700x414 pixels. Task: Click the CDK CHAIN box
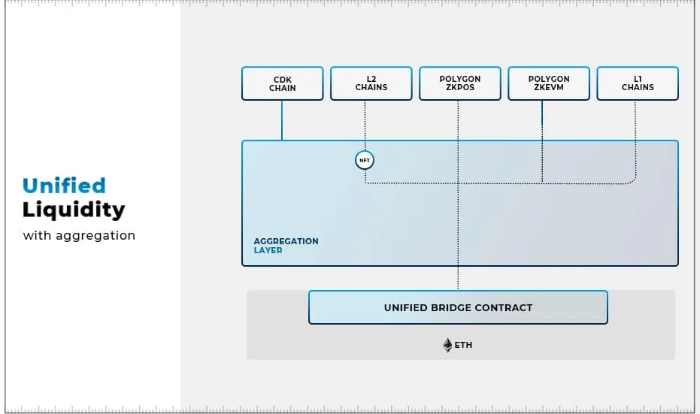click(x=282, y=83)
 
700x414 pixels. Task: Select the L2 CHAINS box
click(x=371, y=83)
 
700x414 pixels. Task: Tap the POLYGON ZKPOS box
click(x=460, y=83)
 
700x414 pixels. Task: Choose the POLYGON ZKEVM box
click(x=549, y=83)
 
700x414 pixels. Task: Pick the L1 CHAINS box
click(x=638, y=83)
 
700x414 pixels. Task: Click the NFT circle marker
click(x=365, y=160)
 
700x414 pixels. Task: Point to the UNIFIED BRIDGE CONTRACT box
click(x=458, y=307)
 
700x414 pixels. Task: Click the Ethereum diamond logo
click(x=447, y=346)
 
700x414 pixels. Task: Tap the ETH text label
click(x=463, y=346)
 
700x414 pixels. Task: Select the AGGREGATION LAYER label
click(x=286, y=246)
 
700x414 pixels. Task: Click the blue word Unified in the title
click(x=64, y=186)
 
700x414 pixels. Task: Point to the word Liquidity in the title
click(x=74, y=210)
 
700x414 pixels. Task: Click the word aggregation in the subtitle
click(x=95, y=236)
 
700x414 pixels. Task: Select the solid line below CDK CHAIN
click(x=282, y=120)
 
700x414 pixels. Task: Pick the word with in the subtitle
click(x=37, y=235)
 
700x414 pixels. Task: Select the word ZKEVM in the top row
click(x=549, y=88)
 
